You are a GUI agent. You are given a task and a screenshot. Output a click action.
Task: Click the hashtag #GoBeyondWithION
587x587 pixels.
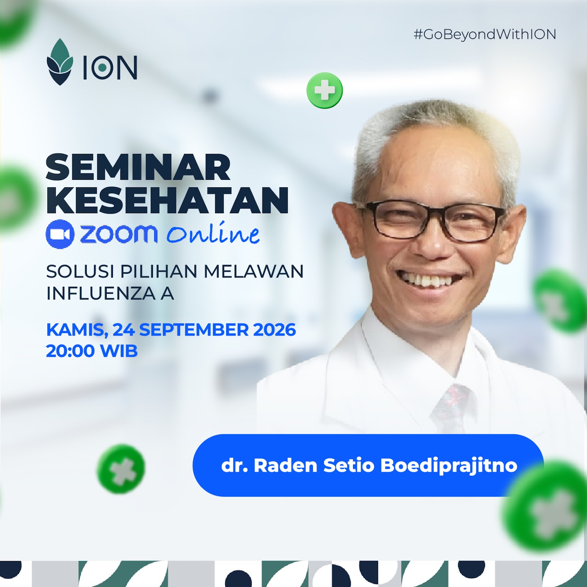pyautogui.click(x=485, y=35)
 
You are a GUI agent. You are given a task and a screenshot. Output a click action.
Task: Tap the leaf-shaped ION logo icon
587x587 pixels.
pyautogui.click(x=60, y=62)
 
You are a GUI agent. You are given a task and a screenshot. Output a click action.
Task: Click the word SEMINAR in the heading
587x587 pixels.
pyautogui.click(x=138, y=167)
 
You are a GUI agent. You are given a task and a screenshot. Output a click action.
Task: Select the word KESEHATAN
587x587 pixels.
pyautogui.click(x=167, y=200)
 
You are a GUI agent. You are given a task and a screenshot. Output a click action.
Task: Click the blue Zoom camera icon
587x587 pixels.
pyautogui.click(x=60, y=234)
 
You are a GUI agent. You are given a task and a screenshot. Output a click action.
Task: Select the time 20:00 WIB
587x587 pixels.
pyautogui.click(x=92, y=351)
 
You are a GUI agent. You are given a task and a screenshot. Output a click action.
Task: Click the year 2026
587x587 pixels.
pyautogui.click(x=274, y=330)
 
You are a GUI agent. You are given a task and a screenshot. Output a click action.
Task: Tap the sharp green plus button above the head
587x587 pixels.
pyautogui.click(x=325, y=90)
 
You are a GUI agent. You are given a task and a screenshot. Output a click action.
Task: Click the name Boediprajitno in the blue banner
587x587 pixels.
pyautogui.click(x=449, y=466)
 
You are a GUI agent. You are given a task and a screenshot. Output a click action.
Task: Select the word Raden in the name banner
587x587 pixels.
pyautogui.click(x=285, y=465)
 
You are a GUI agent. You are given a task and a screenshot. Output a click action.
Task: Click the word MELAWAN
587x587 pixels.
pyautogui.click(x=254, y=272)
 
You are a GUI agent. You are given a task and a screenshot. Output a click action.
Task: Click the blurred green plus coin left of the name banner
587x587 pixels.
pyautogui.click(x=121, y=469)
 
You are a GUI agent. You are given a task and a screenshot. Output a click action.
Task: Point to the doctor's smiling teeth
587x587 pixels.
pyautogui.click(x=430, y=280)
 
